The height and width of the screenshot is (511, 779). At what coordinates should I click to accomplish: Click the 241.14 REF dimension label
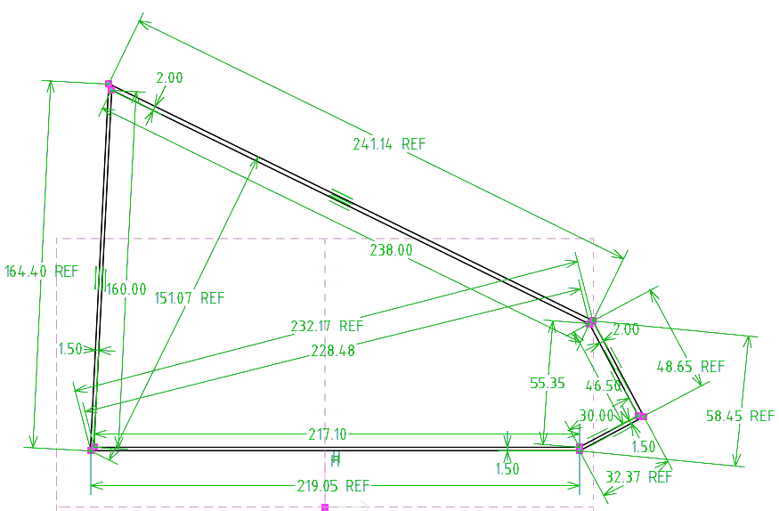[389, 144]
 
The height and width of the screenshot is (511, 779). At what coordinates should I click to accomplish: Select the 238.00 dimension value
[391, 250]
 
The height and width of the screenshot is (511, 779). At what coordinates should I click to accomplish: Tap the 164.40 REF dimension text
[41, 272]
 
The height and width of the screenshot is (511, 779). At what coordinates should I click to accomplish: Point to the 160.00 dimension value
[126, 289]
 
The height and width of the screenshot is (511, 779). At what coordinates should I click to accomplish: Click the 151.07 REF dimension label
[190, 298]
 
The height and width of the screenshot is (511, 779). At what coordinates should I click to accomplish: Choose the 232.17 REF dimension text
[327, 326]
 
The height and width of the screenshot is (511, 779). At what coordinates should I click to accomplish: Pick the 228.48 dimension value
[333, 351]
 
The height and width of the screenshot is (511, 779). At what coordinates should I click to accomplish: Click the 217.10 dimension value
[328, 435]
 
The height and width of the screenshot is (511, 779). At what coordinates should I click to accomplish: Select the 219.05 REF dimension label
[333, 486]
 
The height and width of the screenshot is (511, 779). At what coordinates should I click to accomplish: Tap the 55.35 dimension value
[547, 383]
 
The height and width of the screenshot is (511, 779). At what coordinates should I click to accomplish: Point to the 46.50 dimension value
[603, 385]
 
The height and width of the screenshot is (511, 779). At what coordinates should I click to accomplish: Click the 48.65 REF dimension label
[691, 367]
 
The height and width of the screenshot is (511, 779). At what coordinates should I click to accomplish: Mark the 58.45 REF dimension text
[740, 416]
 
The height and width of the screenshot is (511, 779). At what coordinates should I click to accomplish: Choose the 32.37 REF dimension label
[638, 477]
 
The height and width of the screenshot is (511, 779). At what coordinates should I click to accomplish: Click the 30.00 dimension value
[596, 416]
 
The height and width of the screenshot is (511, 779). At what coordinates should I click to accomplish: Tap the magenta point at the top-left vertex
[110, 86]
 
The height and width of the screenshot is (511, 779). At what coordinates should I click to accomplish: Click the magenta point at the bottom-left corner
[92, 449]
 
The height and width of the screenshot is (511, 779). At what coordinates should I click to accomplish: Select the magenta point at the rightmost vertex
[641, 416]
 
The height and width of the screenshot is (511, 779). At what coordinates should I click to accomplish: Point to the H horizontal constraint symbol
[336, 460]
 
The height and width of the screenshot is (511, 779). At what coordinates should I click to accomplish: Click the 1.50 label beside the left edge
[70, 349]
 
